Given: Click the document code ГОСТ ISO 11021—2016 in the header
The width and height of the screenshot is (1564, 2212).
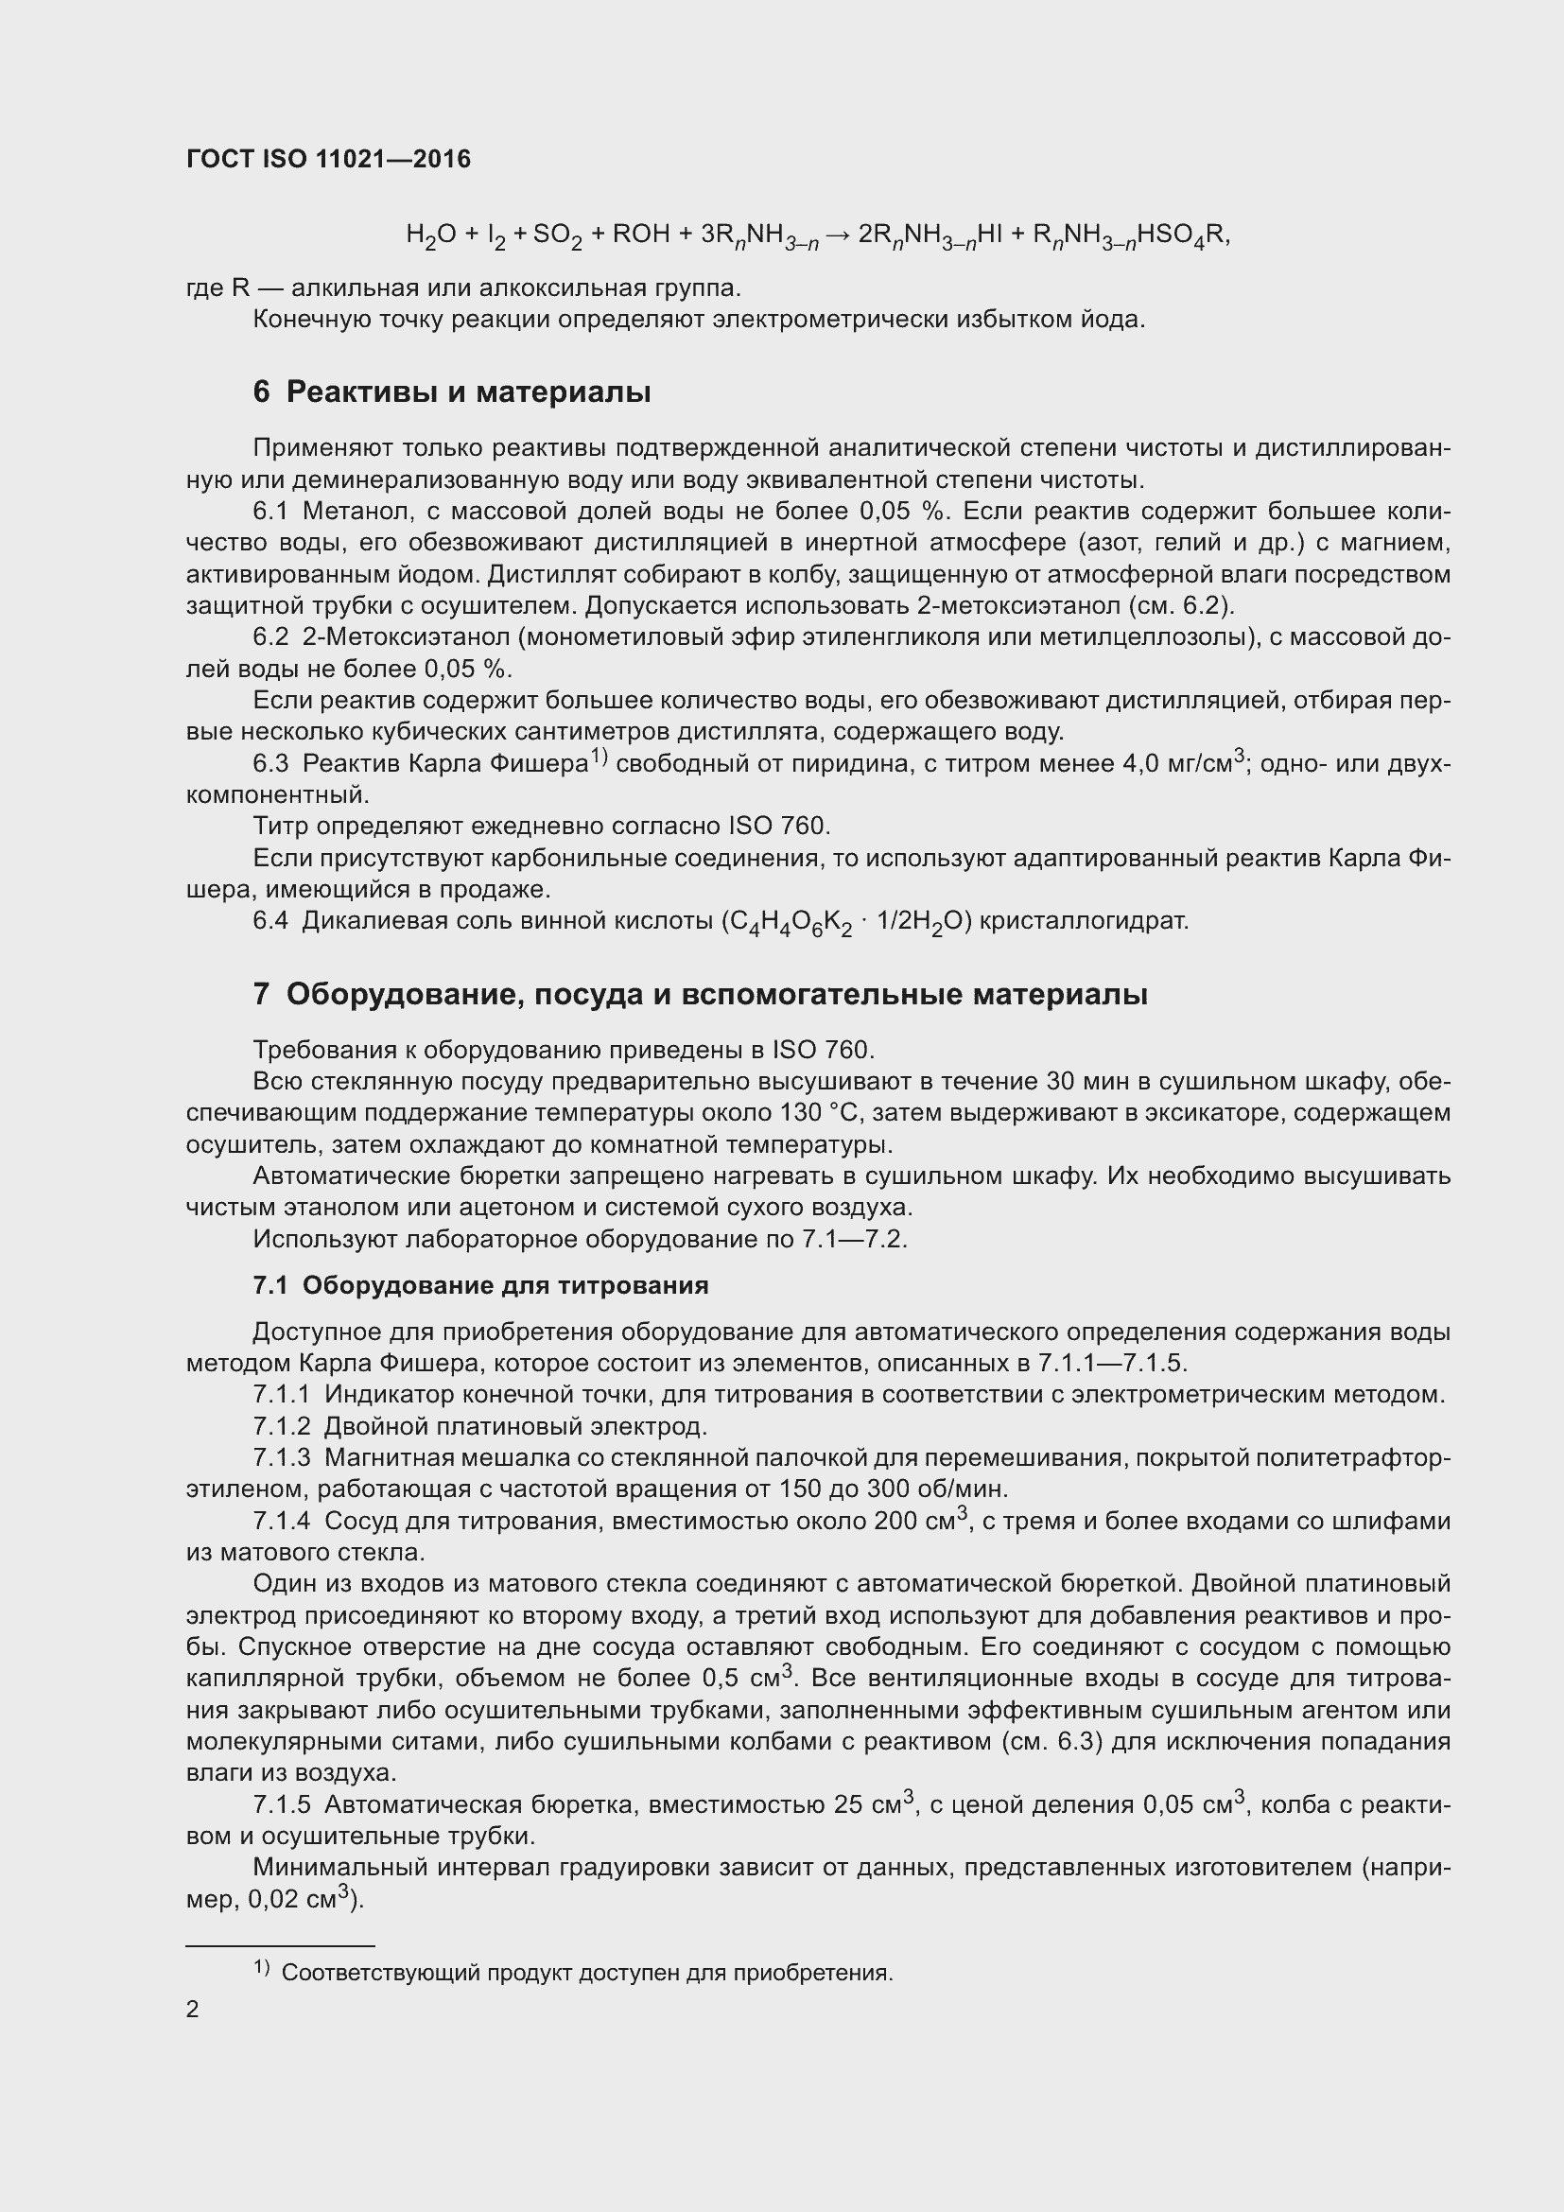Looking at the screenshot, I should click(x=328, y=160).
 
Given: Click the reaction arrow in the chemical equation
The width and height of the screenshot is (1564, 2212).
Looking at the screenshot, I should click(x=836, y=235).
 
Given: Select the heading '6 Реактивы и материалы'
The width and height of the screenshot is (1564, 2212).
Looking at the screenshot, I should click(x=452, y=392).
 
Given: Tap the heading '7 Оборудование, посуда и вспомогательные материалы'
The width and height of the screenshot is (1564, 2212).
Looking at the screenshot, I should click(x=700, y=993).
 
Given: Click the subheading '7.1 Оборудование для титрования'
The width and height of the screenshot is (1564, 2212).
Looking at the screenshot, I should click(x=480, y=1285).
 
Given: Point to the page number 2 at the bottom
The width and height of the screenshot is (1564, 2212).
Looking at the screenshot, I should click(x=193, y=2009).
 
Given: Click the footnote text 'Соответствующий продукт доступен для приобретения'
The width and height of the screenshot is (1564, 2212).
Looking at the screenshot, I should click(x=587, y=1972).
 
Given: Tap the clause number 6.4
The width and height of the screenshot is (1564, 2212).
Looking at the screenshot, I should click(x=270, y=921).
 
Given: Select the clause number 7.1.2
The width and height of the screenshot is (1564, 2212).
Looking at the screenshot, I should click(x=282, y=1426).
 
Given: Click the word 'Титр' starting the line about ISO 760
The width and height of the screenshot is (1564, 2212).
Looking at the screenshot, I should click(x=280, y=827).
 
